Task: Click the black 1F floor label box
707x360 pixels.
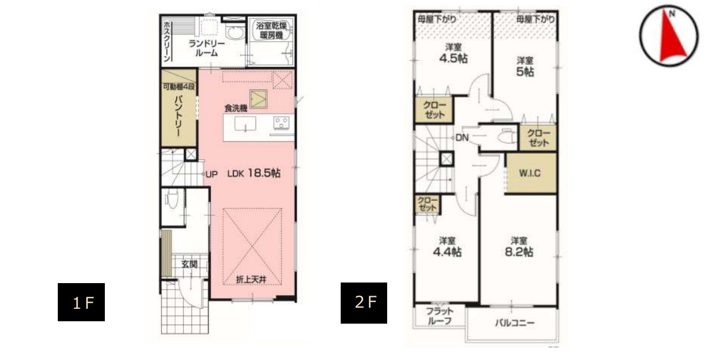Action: pyautogui.click(x=81, y=302)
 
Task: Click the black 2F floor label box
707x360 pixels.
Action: pyautogui.click(x=364, y=303)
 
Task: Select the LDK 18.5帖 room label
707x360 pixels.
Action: pyautogui.click(x=254, y=173)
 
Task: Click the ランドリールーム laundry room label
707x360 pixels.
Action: pyautogui.click(x=207, y=48)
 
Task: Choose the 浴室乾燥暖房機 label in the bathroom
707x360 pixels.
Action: pyautogui.click(x=271, y=29)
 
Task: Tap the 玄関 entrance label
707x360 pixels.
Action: pyautogui.click(x=189, y=264)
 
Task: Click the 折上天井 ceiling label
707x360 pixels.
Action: pyautogui.click(x=251, y=280)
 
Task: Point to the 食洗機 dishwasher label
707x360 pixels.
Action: pyautogui.click(x=236, y=108)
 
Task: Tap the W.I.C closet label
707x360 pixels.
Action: pyautogui.click(x=530, y=173)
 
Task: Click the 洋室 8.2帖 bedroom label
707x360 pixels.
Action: pyautogui.click(x=519, y=247)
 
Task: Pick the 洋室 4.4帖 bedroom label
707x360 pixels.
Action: pyautogui.click(x=447, y=247)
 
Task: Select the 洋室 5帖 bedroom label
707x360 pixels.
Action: pyautogui.click(x=525, y=66)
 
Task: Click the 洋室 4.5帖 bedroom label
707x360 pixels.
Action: pyautogui.click(x=454, y=53)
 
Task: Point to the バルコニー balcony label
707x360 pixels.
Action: pyautogui.click(x=515, y=323)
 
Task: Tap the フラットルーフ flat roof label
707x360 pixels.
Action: pyautogui.click(x=439, y=316)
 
